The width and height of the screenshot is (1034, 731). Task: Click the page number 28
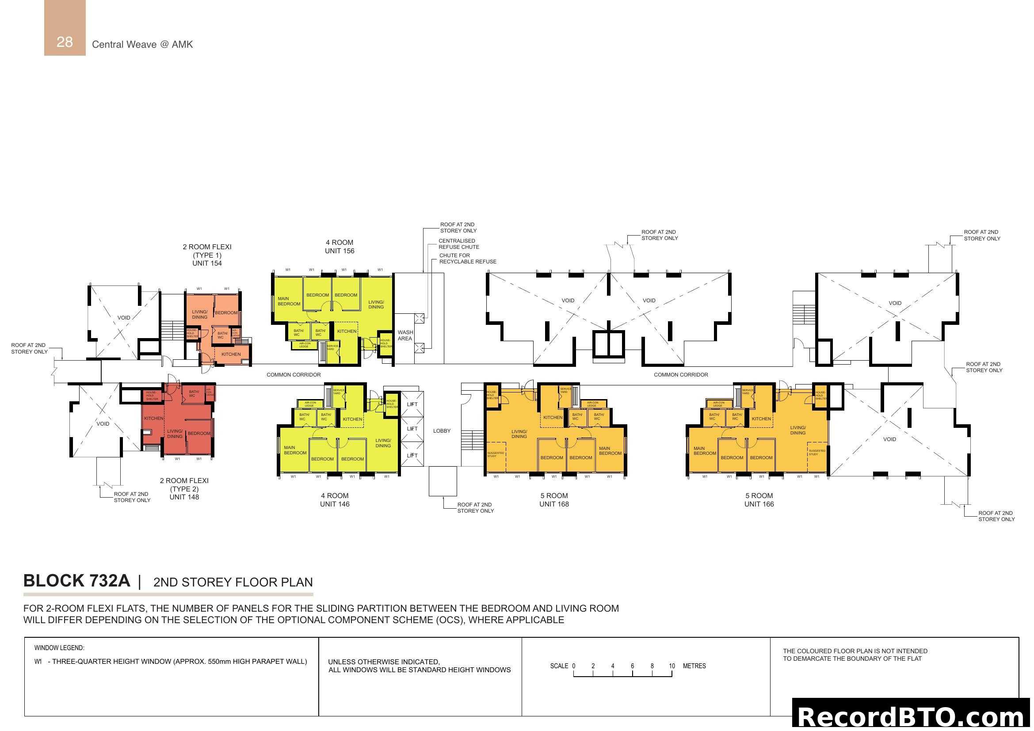(65, 42)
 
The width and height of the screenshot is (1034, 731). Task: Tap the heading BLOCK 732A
(76, 581)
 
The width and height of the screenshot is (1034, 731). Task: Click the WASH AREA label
(405, 335)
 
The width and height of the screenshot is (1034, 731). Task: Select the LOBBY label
(441, 431)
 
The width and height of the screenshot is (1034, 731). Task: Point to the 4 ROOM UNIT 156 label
(340, 247)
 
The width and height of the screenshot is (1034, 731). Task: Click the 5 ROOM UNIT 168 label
(554, 500)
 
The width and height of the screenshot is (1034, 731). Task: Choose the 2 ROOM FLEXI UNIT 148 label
(184, 489)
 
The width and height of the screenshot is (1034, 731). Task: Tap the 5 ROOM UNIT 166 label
(759, 500)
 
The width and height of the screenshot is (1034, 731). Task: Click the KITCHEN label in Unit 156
(347, 331)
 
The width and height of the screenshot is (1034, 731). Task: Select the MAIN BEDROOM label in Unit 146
(295, 450)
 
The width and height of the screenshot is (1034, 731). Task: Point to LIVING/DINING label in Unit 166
(797, 430)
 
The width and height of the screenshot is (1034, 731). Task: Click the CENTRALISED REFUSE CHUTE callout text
(458, 244)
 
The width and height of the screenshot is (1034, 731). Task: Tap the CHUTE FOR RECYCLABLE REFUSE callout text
(467, 259)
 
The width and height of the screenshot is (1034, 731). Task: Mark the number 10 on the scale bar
(672, 666)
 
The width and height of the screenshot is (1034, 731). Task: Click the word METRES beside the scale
(694, 666)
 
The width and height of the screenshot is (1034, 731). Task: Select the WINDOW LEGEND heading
(59, 648)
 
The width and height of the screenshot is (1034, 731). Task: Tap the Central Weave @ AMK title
(142, 45)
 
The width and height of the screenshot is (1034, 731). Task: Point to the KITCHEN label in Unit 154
(231, 354)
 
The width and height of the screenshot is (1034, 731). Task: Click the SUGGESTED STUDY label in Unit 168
(496, 455)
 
